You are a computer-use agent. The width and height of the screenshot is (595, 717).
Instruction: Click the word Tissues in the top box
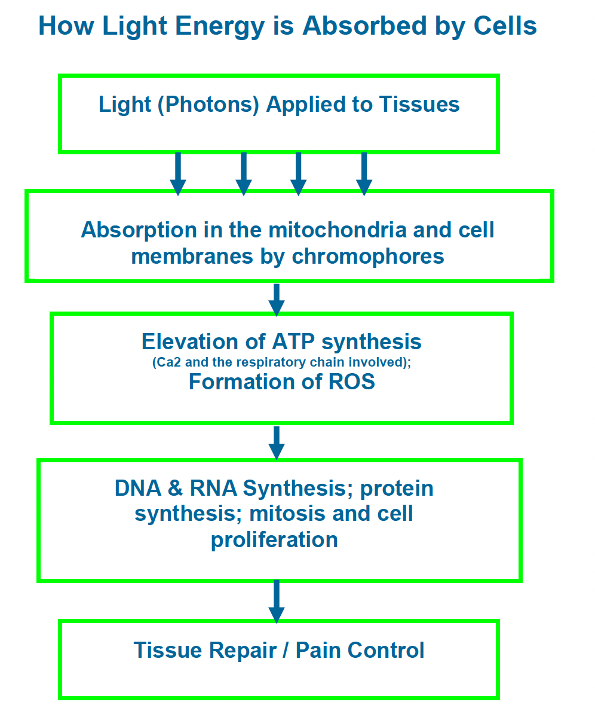(x=419, y=104)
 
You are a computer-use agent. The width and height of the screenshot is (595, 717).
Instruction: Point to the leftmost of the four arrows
(x=177, y=174)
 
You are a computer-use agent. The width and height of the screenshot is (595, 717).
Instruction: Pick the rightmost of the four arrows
(x=364, y=174)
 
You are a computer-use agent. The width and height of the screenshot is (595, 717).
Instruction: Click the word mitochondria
(x=338, y=230)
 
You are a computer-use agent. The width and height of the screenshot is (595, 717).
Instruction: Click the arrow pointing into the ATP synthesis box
(x=277, y=300)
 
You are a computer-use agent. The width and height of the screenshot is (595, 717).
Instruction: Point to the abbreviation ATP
(x=294, y=341)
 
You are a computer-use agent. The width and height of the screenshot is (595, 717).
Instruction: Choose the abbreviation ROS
(x=352, y=382)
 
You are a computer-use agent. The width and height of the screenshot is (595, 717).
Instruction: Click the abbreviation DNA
(x=138, y=489)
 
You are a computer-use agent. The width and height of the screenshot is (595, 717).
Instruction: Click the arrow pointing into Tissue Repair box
(x=277, y=602)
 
